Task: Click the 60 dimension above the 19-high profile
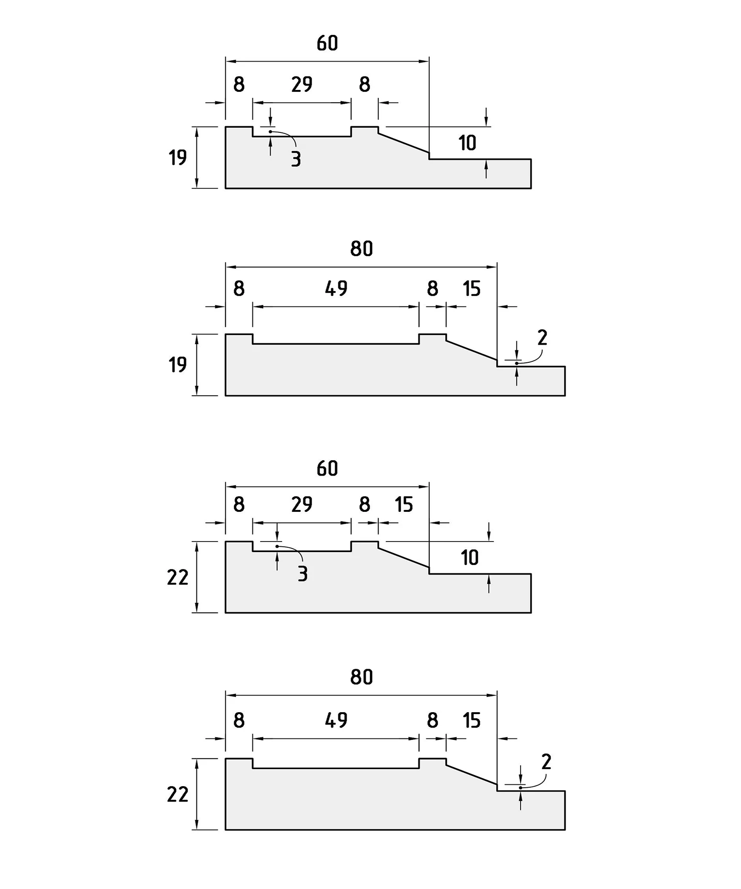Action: click(327, 43)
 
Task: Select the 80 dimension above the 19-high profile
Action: click(361, 249)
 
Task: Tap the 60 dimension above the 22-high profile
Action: click(327, 469)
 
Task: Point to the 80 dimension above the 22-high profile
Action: click(361, 677)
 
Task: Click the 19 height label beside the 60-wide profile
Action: click(177, 157)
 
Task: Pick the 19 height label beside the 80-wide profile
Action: click(177, 365)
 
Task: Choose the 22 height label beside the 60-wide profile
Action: click(177, 577)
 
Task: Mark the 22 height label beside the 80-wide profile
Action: click(177, 794)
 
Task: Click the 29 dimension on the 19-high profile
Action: click(302, 85)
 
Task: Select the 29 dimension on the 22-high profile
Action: click(302, 504)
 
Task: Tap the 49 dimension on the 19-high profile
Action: click(336, 289)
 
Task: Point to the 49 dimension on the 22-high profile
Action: click(336, 720)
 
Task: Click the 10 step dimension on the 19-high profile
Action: click(467, 143)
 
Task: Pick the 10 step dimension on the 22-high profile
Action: click(469, 558)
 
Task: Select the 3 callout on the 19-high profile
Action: click(296, 159)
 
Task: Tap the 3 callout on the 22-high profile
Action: click(302, 574)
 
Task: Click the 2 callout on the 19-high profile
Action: click(542, 338)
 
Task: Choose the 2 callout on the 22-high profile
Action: click(546, 762)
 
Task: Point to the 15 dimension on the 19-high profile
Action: click(471, 289)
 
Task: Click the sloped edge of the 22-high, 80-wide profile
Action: click(471, 775)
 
